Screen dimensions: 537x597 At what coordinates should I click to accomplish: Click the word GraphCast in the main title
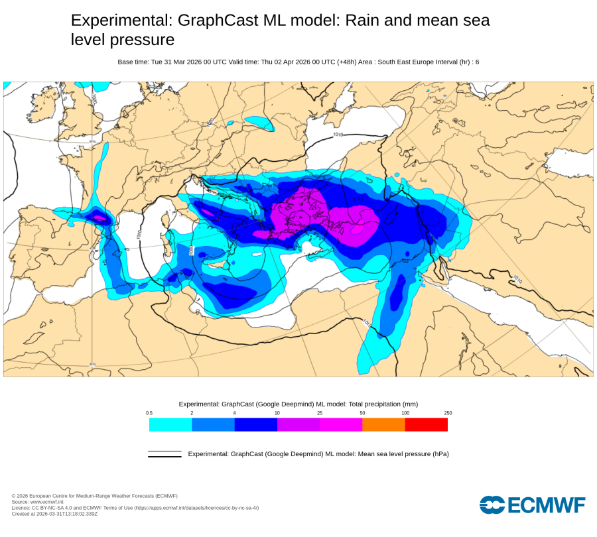coord(218,21)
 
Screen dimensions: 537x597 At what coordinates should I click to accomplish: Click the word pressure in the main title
coord(142,40)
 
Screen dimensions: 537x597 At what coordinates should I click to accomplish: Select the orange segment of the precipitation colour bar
coord(383,425)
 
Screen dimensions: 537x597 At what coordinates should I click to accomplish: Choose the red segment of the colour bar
coord(426,425)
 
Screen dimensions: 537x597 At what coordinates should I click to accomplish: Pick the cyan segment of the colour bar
coord(170,425)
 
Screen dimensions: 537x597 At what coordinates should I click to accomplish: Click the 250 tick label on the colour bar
coord(448,413)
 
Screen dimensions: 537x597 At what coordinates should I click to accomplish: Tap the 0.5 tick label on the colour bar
coord(149,413)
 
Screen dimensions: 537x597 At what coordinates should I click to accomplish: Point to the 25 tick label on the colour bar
coord(320,413)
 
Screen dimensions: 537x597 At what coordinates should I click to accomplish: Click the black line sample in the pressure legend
coord(165,454)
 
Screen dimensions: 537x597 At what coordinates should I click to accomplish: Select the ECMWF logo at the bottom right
coord(532,505)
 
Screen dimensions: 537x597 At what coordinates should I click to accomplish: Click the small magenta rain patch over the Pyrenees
coord(98,217)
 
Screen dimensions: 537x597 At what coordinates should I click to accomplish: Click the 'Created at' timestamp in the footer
coord(55,514)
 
